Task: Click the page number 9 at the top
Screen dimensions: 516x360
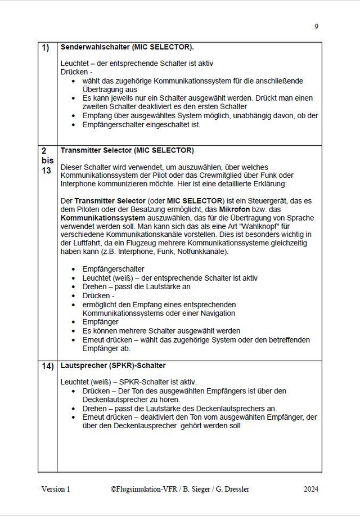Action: [x=316, y=26]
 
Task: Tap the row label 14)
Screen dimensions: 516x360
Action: [x=47, y=366]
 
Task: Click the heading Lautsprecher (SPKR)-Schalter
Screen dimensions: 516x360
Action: [x=112, y=365]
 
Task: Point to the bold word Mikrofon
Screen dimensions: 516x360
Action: [x=235, y=209]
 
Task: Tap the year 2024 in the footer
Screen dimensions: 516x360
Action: [x=311, y=490]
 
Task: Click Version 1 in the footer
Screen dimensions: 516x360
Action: [x=56, y=490]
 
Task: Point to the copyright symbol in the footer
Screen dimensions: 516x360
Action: [x=113, y=490]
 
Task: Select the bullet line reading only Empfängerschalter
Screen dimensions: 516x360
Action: [x=113, y=269]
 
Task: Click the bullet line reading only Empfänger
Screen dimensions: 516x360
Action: [x=101, y=322]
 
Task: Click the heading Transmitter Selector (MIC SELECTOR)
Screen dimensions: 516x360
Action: [x=127, y=151]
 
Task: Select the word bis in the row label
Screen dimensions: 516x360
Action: [x=47, y=160]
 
